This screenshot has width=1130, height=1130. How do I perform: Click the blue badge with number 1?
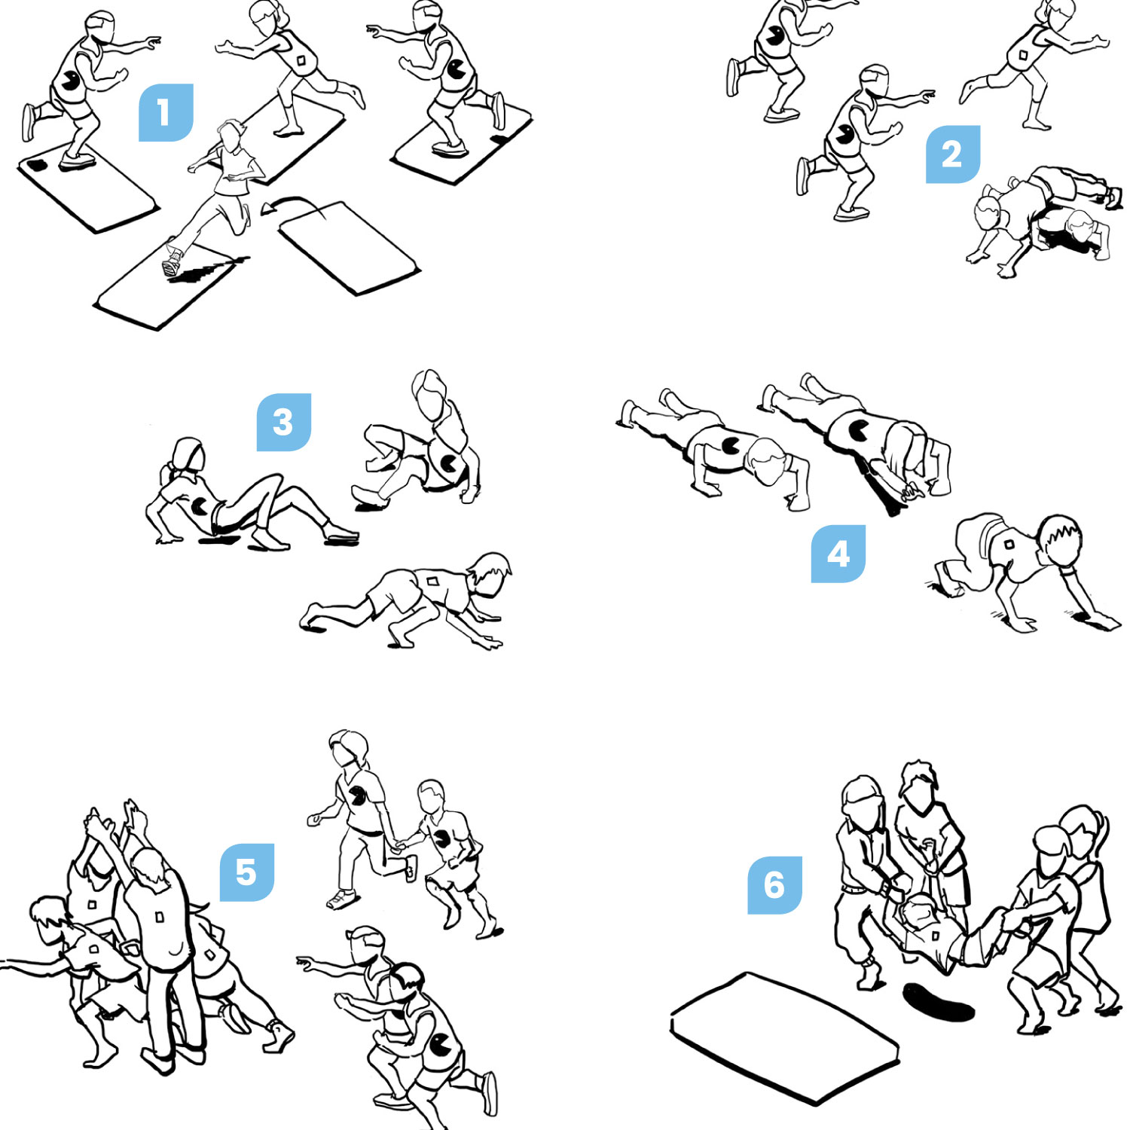point(166,112)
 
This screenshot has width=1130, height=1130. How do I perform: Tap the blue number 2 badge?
point(952,154)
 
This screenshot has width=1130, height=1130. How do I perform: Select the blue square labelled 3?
point(283,422)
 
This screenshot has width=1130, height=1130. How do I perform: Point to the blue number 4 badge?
point(838,554)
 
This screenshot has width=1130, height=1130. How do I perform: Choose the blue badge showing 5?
point(246,872)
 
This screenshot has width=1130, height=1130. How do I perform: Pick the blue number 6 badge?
point(774,884)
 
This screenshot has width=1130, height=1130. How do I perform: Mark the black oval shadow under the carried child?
point(938,1002)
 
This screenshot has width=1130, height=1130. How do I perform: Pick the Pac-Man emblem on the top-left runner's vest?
point(71,80)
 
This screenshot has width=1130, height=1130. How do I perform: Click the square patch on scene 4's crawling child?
point(1009,544)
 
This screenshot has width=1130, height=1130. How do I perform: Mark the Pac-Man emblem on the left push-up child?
point(730,445)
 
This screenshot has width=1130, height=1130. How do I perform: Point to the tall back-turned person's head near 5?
point(148,867)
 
